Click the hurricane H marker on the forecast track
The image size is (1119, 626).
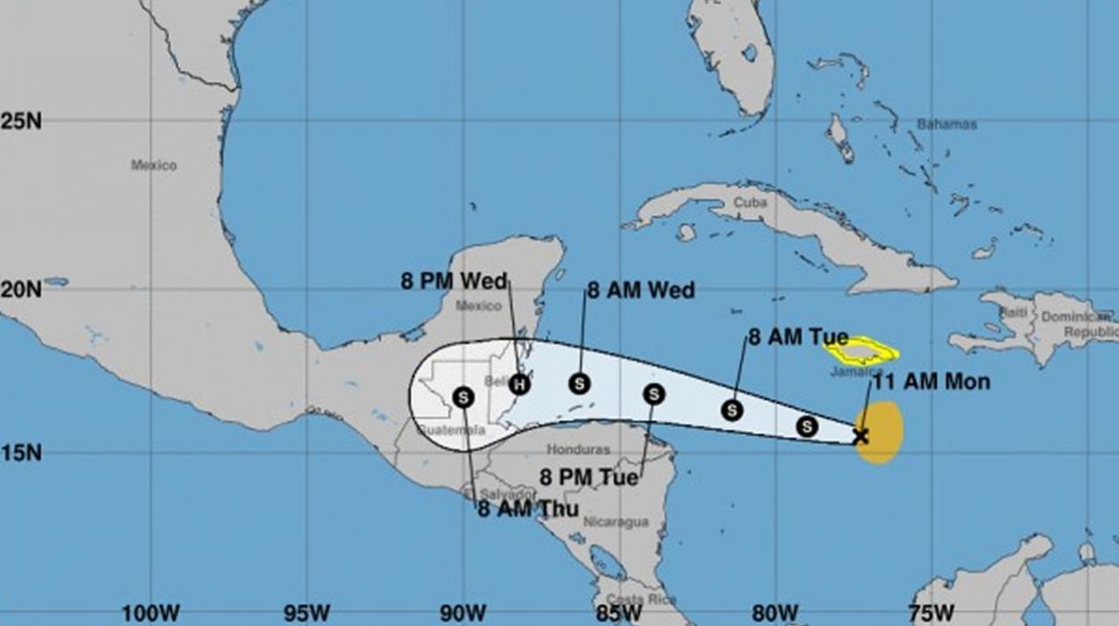tap(520, 384)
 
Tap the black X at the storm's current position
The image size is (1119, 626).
tap(860, 436)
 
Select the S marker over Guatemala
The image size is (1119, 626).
tap(463, 398)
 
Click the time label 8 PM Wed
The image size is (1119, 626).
tap(453, 282)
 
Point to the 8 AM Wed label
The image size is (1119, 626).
tap(640, 291)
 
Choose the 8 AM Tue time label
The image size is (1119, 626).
tap(798, 337)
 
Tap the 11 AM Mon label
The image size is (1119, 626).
tap(931, 383)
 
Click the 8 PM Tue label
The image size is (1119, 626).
tap(589, 478)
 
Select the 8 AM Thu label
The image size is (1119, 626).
tap(528, 509)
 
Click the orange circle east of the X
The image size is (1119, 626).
tap(881, 432)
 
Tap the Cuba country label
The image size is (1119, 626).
tap(750, 202)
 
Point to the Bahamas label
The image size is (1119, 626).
tap(947, 124)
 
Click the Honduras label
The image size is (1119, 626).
tap(578, 450)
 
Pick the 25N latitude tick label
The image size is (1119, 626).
tap(20, 122)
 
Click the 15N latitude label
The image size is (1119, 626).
tap(20, 453)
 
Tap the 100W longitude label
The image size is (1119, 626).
tap(151, 613)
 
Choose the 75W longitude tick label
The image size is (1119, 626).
tap(932, 613)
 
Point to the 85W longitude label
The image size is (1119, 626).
tap(619, 613)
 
